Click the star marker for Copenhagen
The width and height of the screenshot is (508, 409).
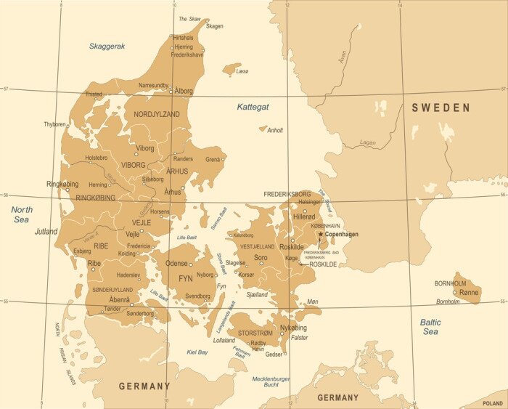(x=319, y=234)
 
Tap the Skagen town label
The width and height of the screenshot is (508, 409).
(x=215, y=26)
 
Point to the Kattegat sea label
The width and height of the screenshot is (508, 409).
(x=253, y=107)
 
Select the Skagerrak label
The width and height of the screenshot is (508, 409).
(x=107, y=46)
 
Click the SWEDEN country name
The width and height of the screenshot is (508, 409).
(x=441, y=108)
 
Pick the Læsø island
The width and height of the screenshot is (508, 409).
(x=232, y=69)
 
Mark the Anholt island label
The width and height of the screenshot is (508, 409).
(x=275, y=131)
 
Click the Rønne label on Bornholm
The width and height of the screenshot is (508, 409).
(x=470, y=292)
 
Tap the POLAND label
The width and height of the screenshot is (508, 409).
(x=492, y=402)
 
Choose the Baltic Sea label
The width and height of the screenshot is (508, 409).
(x=430, y=326)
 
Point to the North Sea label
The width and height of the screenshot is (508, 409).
(x=22, y=214)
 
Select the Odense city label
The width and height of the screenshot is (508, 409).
(x=177, y=264)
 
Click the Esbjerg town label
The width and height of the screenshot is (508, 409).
(x=83, y=251)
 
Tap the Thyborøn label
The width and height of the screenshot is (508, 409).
(x=54, y=124)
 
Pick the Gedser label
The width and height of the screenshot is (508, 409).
(x=274, y=355)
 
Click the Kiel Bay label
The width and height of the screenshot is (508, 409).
(x=197, y=352)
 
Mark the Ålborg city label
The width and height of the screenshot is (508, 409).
(x=184, y=92)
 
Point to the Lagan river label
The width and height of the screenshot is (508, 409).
(x=368, y=143)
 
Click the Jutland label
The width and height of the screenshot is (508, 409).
(x=46, y=232)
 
